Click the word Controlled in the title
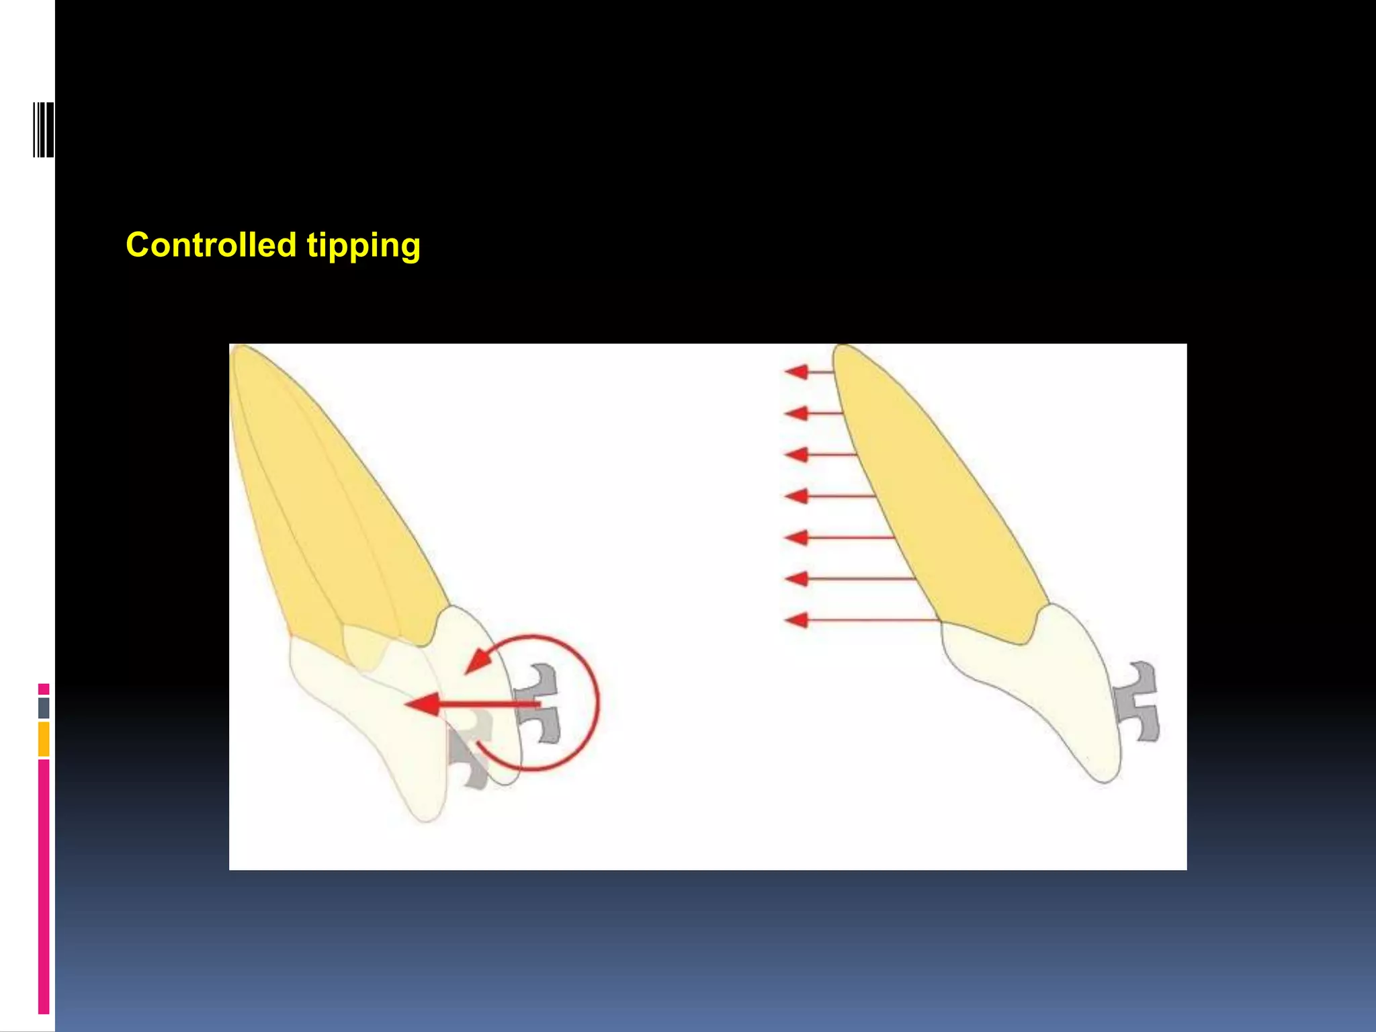211,245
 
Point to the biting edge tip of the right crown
1105,779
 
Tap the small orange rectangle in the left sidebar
44,738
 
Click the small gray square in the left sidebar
44,707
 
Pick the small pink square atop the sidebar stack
44,689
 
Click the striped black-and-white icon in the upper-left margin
43,130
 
